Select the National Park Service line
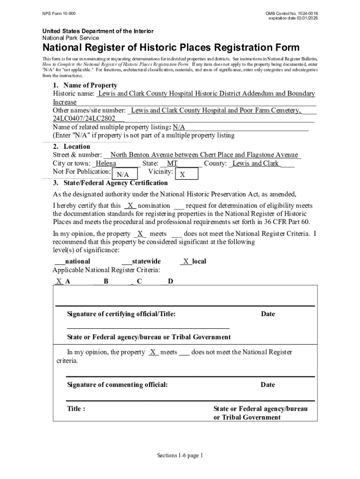[x=71, y=38]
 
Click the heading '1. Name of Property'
[x=85, y=86]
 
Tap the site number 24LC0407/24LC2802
[x=84, y=119]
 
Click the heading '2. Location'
[x=71, y=146]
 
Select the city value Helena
[x=106, y=164]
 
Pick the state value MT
[x=173, y=164]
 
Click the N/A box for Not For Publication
[x=123, y=174]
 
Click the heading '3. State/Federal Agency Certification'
[x=110, y=183]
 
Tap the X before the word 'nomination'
[x=130, y=206]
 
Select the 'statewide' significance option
[x=146, y=261]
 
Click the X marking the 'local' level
[x=186, y=261]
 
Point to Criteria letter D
[x=171, y=281]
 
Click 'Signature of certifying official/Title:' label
[x=121, y=314]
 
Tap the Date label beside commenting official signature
[x=268, y=385]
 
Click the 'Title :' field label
[x=76, y=408]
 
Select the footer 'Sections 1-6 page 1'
[x=180, y=456]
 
